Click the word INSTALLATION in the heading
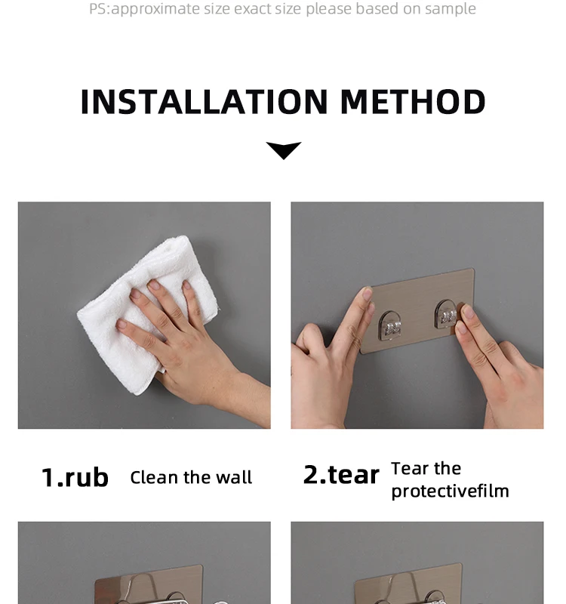(x=204, y=102)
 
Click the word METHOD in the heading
(x=413, y=102)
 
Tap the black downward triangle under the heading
(x=284, y=150)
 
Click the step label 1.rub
(x=75, y=477)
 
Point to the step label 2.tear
(x=341, y=475)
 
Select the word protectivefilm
(x=450, y=492)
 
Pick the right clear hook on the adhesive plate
(x=446, y=315)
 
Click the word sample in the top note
(x=451, y=9)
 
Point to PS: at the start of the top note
(x=100, y=9)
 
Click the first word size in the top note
(x=217, y=8)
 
